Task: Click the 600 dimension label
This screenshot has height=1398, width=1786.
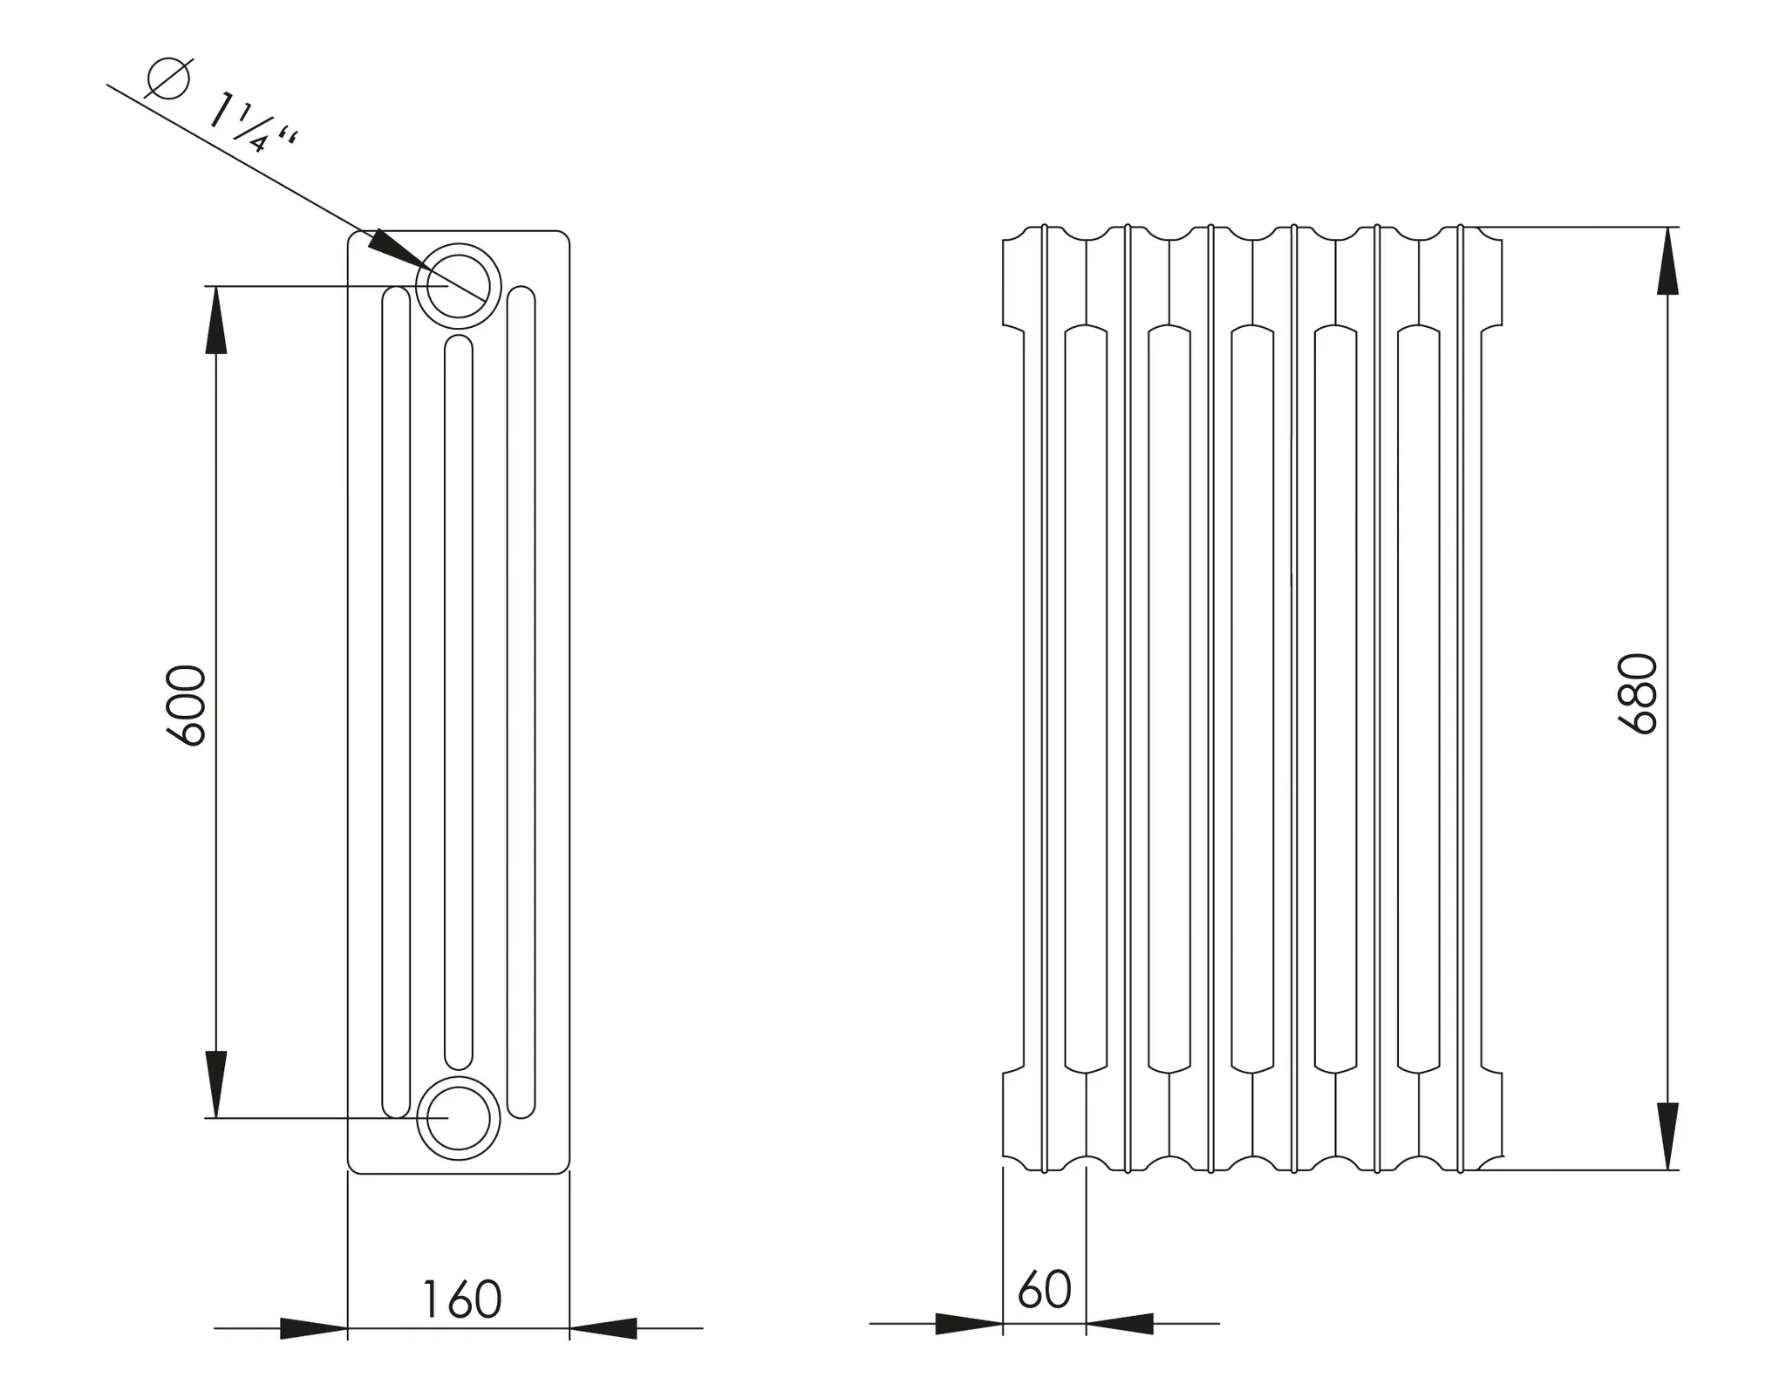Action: pyautogui.click(x=186, y=706)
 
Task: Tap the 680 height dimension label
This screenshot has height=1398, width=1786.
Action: pyautogui.click(x=1637, y=693)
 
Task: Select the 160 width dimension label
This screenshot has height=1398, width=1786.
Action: pyautogui.click(x=461, y=1299)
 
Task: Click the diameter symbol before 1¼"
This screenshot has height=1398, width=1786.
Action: pyautogui.click(x=168, y=78)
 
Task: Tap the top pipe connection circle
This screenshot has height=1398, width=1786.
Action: pyautogui.click(x=459, y=286)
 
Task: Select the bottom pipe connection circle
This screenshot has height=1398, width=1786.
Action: pyautogui.click(x=459, y=1118)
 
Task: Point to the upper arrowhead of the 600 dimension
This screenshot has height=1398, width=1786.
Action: pyautogui.click(x=216, y=319)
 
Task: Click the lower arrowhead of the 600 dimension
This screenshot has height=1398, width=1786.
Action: pyautogui.click(x=216, y=1084)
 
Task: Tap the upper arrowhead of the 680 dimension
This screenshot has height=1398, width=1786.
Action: pyautogui.click(x=1667, y=261)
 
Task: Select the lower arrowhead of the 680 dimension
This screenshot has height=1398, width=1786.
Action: pyautogui.click(x=1667, y=1136)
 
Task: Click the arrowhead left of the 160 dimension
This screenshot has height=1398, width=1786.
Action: pyautogui.click(x=314, y=1328)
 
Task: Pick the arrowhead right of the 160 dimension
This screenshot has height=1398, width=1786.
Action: pyautogui.click(x=603, y=1328)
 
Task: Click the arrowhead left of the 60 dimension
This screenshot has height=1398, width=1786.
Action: pyautogui.click(x=969, y=1324)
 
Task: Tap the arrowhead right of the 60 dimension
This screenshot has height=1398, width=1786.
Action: pyautogui.click(x=1120, y=1324)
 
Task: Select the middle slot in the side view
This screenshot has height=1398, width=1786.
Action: pyautogui.click(x=459, y=702)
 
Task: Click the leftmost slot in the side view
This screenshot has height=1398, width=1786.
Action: pyautogui.click(x=396, y=702)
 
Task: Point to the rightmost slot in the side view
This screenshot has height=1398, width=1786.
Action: pyautogui.click(x=521, y=702)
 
